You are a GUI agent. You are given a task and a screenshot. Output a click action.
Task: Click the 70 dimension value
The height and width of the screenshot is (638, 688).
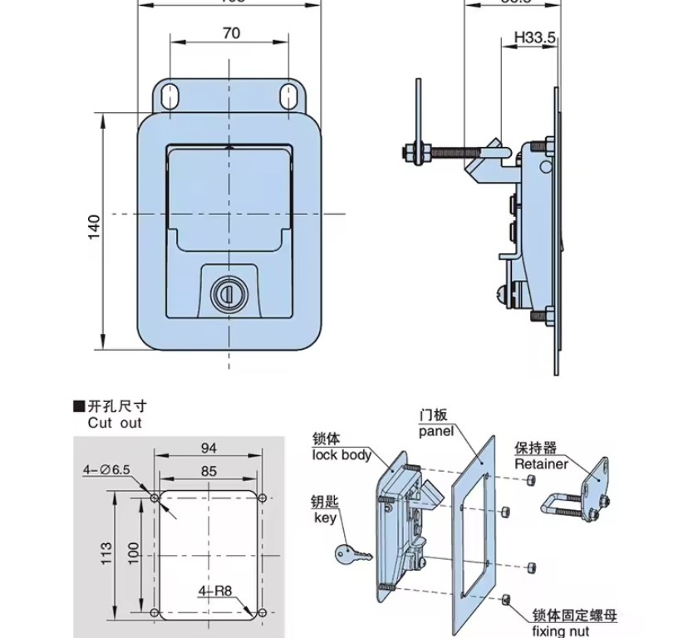tap(232, 33)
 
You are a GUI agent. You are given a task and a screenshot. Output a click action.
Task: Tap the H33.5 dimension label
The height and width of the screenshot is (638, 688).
tap(533, 37)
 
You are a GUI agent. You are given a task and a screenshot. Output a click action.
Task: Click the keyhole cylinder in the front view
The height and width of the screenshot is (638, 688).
tap(227, 293)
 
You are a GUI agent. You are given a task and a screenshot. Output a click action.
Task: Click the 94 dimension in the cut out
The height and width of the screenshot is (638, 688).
tap(209, 448)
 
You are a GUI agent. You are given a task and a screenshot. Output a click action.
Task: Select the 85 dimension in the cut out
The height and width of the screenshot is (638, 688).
tap(209, 471)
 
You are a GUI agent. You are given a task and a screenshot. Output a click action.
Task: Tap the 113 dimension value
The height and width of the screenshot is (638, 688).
tap(106, 553)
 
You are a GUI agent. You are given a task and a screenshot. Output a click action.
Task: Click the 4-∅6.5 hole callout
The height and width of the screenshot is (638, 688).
tap(106, 470)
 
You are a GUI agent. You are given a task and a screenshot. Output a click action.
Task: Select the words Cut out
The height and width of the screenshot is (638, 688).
tap(115, 423)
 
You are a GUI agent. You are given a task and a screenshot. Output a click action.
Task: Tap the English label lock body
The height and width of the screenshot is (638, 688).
tap(342, 454)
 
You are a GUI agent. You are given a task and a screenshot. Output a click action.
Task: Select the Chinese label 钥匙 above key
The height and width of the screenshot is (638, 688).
tap(327, 503)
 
